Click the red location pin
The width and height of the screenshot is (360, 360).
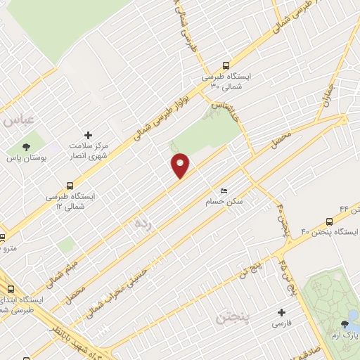click(x=180, y=165)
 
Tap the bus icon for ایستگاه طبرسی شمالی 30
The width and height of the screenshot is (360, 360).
click(x=225, y=63)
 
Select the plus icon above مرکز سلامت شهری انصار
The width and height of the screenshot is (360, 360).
click(x=88, y=134)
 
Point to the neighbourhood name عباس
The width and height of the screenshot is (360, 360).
click(x=17, y=121)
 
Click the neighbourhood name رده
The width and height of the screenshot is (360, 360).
click(x=141, y=224)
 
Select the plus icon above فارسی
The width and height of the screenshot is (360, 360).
click(x=282, y=311)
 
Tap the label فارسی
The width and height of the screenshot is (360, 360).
click(x=282, y=325)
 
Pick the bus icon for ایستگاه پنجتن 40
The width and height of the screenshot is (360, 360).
click(x=330, y=221)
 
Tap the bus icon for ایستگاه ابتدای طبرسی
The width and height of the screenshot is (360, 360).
click(x=11, y=288)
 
